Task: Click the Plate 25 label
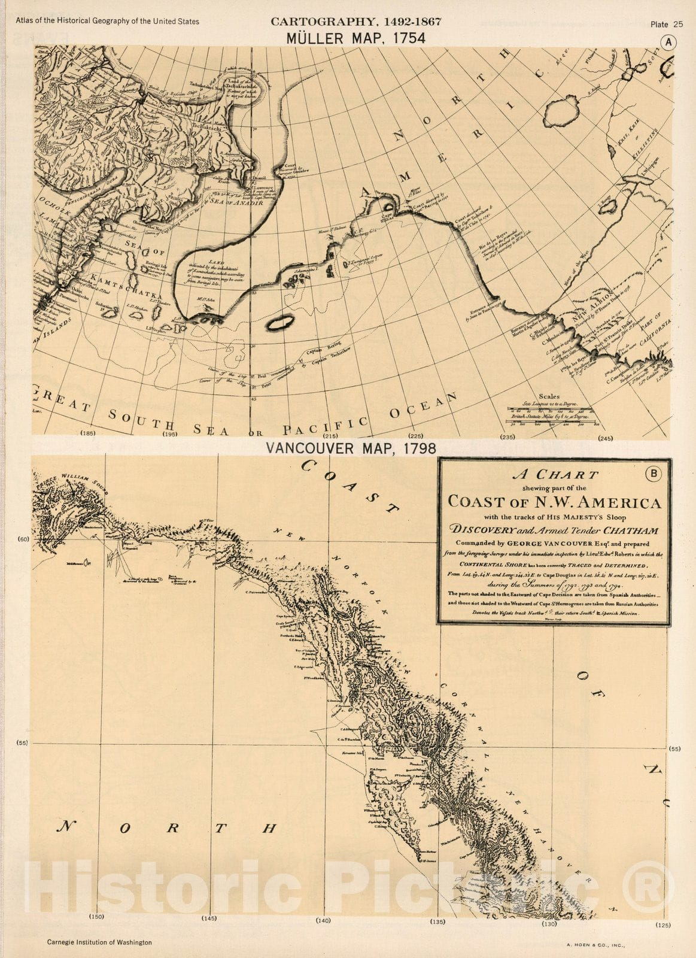(666, 25)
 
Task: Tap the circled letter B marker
(654, 474)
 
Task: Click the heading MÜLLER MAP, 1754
(355, 38)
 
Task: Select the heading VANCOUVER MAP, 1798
(351, 448)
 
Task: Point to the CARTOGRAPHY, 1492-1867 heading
(355, 22)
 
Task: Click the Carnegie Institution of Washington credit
(99, 942)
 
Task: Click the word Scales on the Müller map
(549, 396)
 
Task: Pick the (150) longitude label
(97, 917)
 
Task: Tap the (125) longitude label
(663, 925)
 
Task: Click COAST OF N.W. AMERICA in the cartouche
(555, 502)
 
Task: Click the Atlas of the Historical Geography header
(108, 22)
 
